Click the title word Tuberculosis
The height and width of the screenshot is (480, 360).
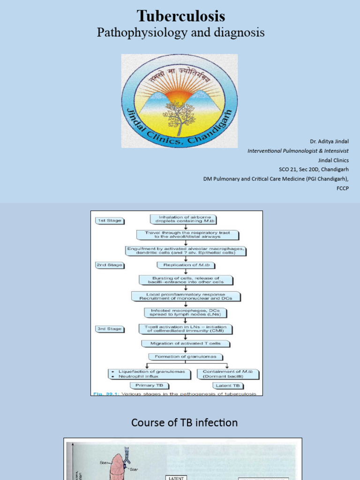tap(181, 16)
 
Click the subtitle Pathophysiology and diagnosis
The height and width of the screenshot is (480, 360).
tap(180, 32)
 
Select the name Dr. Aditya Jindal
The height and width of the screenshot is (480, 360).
tap(329, 142)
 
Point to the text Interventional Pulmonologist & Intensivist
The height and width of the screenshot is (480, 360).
tap(298, 151)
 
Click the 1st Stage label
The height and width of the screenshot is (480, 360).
tap(110, 220)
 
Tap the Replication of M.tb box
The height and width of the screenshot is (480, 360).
tap(186, 265)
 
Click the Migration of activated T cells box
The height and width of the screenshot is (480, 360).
tap(186, 343)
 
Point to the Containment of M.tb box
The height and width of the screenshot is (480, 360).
tap(228, 374)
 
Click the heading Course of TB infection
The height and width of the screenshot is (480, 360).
tap(184, 423)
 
